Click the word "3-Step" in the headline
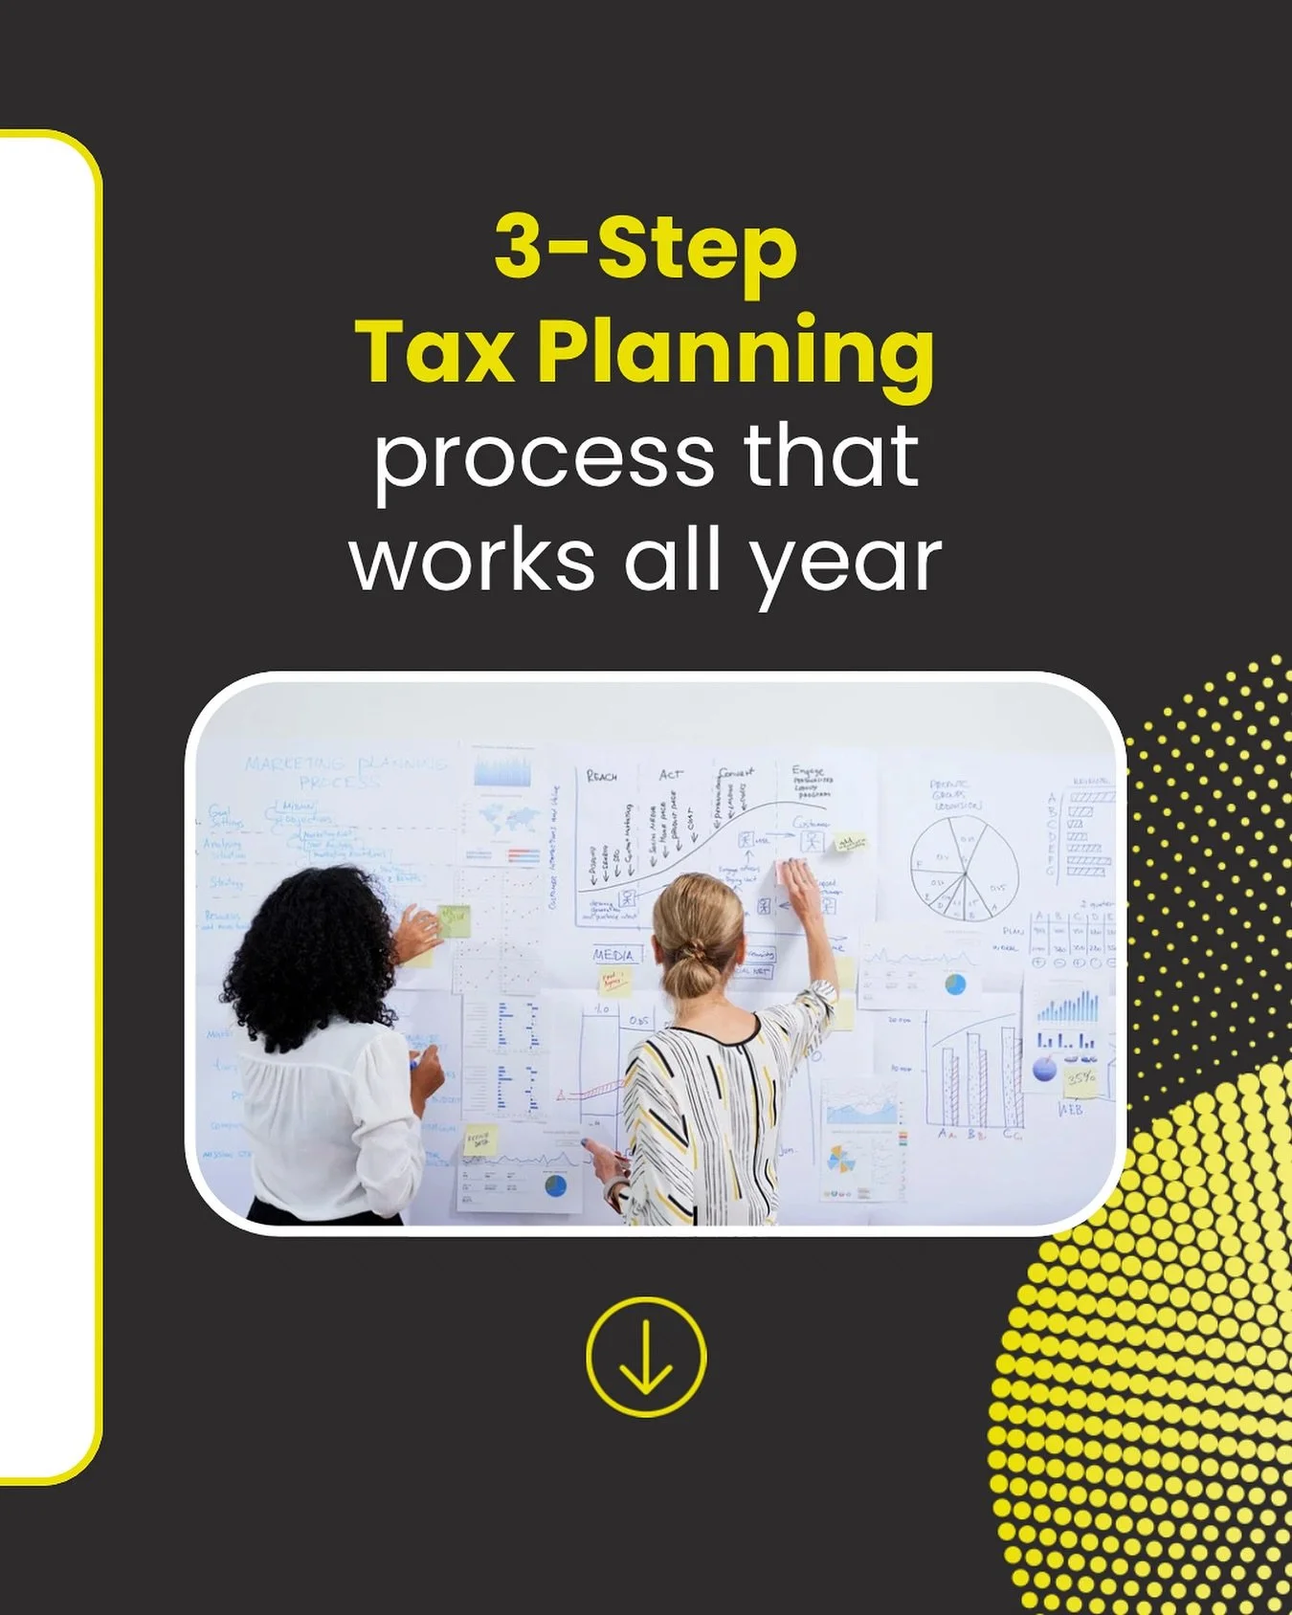[x=646, y=247]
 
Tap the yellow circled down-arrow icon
[x=646, y=1357]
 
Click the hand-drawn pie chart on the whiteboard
[x=963, y=865]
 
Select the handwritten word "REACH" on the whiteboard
[x=602, y=776]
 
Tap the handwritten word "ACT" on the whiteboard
[x=671, y=774]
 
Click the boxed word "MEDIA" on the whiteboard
[x=613, y=954]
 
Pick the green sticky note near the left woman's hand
[x=454, y=921]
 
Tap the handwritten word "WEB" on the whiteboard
[x=1071, y=1110]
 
